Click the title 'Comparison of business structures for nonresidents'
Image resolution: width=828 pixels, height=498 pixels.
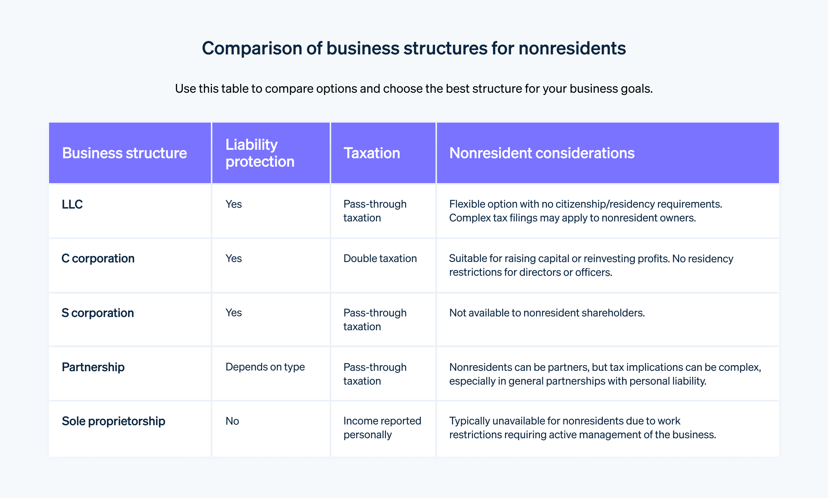414,49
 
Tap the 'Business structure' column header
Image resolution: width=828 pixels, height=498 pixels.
124,153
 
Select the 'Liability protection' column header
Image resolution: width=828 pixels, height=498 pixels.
260,153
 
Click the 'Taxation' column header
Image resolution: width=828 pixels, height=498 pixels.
371,153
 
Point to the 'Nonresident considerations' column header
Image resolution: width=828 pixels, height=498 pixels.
542,153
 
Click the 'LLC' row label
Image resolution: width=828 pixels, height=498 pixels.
72,205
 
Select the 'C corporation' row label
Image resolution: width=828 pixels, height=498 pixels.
98,259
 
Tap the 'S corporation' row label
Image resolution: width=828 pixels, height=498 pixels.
98,313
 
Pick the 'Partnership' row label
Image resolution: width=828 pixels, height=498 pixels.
93,367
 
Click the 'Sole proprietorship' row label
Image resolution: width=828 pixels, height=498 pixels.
113,421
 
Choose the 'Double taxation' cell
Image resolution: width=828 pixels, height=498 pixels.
380,259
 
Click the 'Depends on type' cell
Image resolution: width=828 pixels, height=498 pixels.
265,367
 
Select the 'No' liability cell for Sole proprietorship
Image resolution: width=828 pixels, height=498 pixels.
232,421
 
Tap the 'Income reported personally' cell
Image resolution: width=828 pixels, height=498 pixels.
382,428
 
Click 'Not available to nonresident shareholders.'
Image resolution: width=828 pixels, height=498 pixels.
547,313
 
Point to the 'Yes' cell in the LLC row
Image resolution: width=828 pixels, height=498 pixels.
233,204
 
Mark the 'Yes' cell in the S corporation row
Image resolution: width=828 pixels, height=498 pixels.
233,313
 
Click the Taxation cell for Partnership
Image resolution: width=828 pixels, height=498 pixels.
375,374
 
